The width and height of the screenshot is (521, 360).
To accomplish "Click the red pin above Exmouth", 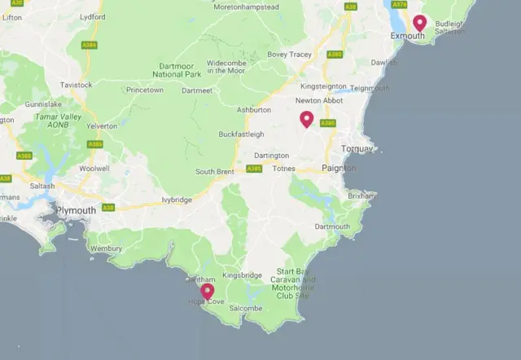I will pyautogui.click(x=419, y=23).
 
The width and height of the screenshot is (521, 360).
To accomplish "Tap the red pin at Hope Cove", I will pyautogui.click(x=208, y=291).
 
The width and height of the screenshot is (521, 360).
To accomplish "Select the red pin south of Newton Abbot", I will pyautogui.click(x=306, y=119).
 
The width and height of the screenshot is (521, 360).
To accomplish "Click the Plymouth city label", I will pyautogui.click(x=76, y=210).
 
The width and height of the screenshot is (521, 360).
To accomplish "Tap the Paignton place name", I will pyautogui.click(x=339, y=168).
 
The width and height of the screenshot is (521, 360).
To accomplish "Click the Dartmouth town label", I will pyautogui.click(x=332, y=226).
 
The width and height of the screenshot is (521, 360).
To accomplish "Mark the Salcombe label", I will pyautogui.click(x=246, y=309).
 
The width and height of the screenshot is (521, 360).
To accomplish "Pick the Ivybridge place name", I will pyautogui.click(x=177, y=199).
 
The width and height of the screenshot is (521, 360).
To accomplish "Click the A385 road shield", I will pyautogui.click(x=253, y=169).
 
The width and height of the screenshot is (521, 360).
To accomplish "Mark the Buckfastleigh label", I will pyautogui.click(x=242, y=134).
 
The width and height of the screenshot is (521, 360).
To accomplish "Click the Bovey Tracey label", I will pyautogui.click(x=290, y=55).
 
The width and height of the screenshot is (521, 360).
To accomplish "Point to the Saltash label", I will pyautogui.click(x=42, y=186).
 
